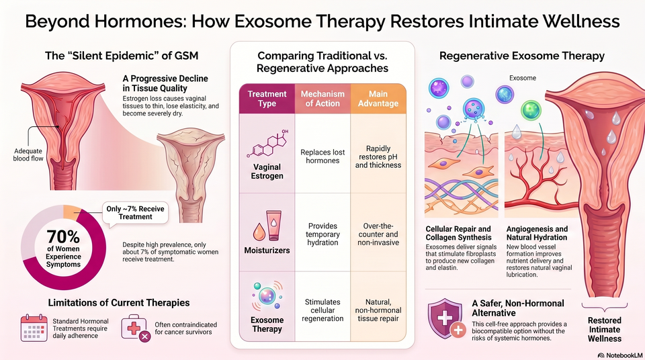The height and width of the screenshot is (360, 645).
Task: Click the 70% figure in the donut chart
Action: [x=63, y=236]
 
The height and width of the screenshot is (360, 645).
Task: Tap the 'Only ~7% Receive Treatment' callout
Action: [x=135, y=213]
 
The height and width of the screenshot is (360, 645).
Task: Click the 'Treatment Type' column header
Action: [x=267, y=99]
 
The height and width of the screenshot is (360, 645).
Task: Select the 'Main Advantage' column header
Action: [x=378, y=99]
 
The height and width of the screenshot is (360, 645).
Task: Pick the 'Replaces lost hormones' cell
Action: [x=322, y=156]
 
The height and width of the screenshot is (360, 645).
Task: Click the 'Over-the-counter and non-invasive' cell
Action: [x=378, y=234]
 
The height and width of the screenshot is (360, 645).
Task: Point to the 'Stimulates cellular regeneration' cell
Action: [x=322, y=310]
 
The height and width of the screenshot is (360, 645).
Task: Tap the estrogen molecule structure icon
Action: [x=267, y=144]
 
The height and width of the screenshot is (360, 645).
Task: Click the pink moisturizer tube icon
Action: [x=274, y=226]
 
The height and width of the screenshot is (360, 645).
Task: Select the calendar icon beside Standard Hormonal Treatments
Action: [x=34, y=328]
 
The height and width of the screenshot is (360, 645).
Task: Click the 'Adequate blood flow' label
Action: [x=28, y=154]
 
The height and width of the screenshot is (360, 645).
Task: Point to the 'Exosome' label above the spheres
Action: [x=523, y=78]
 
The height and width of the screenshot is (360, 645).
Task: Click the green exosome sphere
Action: [x=531, y=110]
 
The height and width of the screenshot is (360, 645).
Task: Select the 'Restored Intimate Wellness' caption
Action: [x=604, y=329]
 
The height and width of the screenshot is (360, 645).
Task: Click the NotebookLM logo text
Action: [x=620, y=355]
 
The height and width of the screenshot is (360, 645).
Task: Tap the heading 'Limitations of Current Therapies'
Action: [x=119, y=303]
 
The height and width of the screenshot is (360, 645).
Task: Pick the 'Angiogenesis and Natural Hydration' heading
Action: [x=537, y=233]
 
